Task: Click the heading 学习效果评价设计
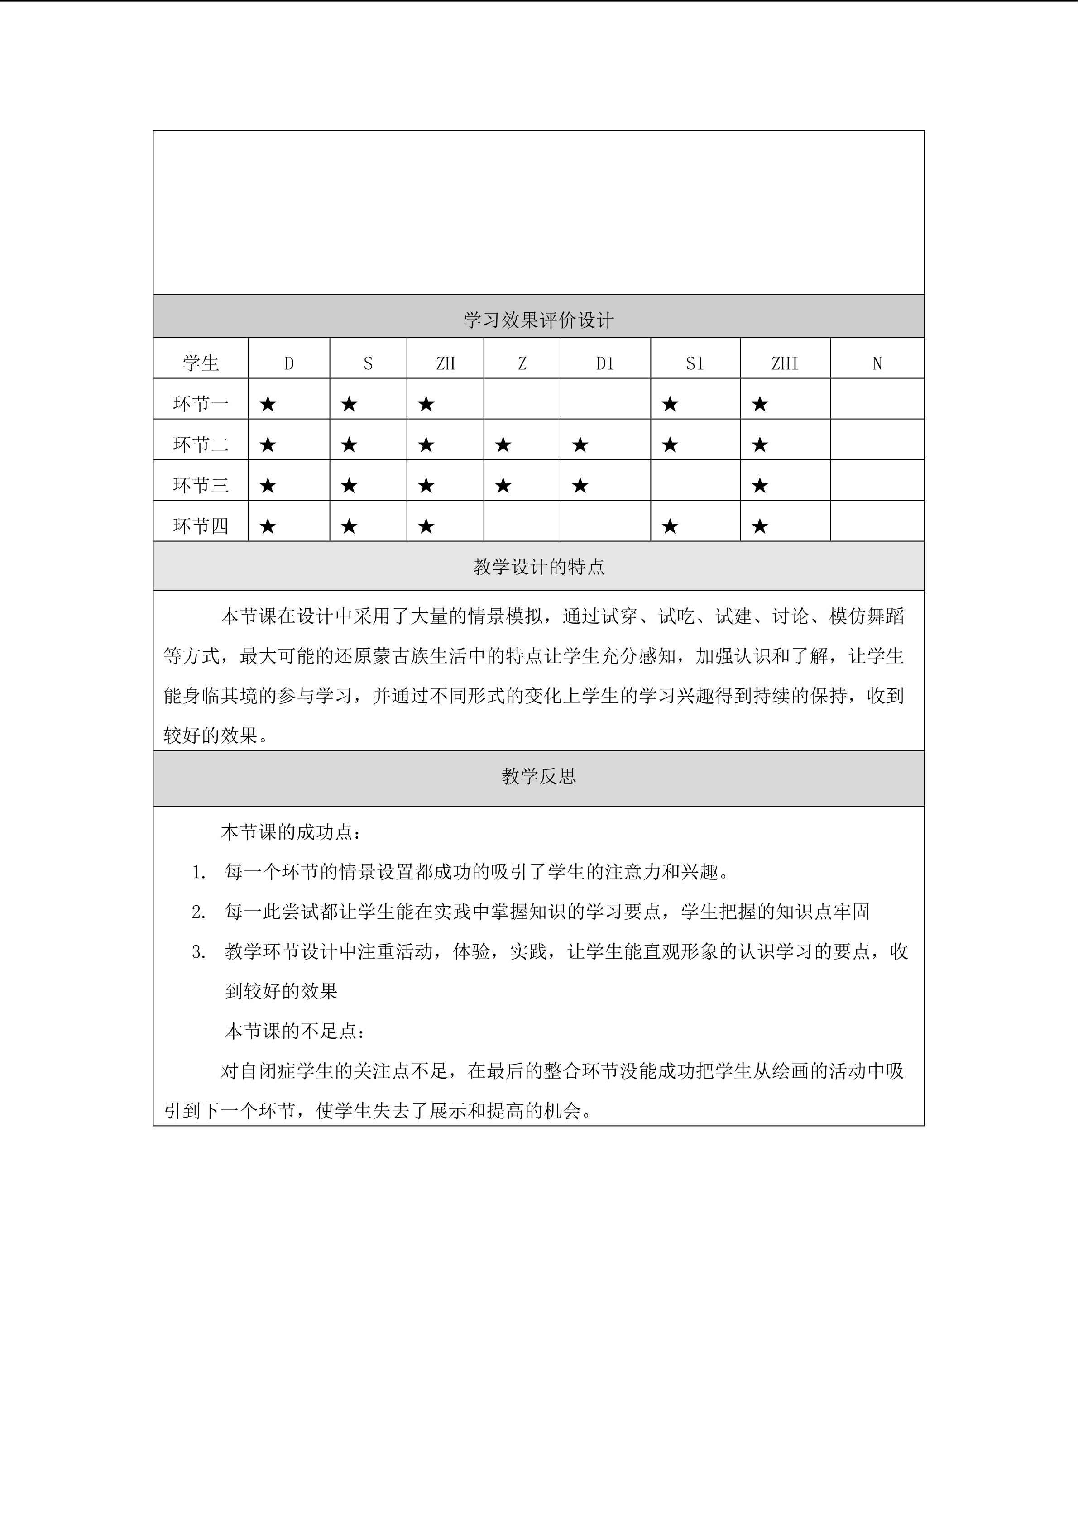[538, 320]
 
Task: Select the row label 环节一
[201, 404]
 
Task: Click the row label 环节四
[201, 526]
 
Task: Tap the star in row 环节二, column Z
[503, 445]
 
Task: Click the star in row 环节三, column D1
[580, 486]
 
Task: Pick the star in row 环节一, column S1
[670, 404]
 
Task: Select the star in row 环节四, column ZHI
[760, 526]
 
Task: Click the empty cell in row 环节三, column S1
[695, 480]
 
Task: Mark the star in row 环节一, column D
[268, 404]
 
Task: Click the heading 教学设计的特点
[538, 567]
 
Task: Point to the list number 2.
[198, 912]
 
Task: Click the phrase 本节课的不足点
[292, 1031]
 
